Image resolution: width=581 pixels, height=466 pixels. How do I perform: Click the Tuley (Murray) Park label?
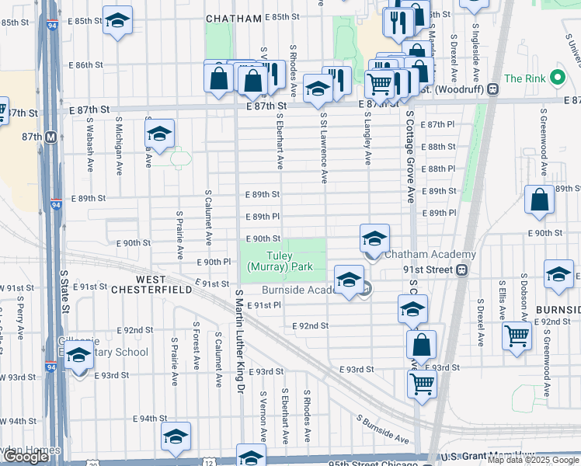coord(280,261)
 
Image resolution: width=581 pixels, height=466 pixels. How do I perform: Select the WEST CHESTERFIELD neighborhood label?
coord(164,284)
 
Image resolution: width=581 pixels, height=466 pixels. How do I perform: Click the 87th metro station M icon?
coord(51,137)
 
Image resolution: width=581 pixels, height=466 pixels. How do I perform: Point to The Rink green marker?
coord(556,78)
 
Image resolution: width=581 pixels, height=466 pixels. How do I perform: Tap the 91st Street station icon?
coord(461,270)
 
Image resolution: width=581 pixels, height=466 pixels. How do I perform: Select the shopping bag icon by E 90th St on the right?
coord(539,201)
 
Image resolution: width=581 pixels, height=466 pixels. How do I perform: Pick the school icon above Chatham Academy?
coord(374,238)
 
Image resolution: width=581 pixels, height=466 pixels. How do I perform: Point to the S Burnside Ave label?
coord(384,429)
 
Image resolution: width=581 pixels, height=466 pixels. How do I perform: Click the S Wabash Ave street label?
coord(90,155)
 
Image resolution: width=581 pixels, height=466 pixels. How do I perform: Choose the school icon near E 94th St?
coord(176,436)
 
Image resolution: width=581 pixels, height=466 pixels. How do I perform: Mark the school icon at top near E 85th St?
coord(117,21)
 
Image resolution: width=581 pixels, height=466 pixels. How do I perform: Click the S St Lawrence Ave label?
coord(323,148)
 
